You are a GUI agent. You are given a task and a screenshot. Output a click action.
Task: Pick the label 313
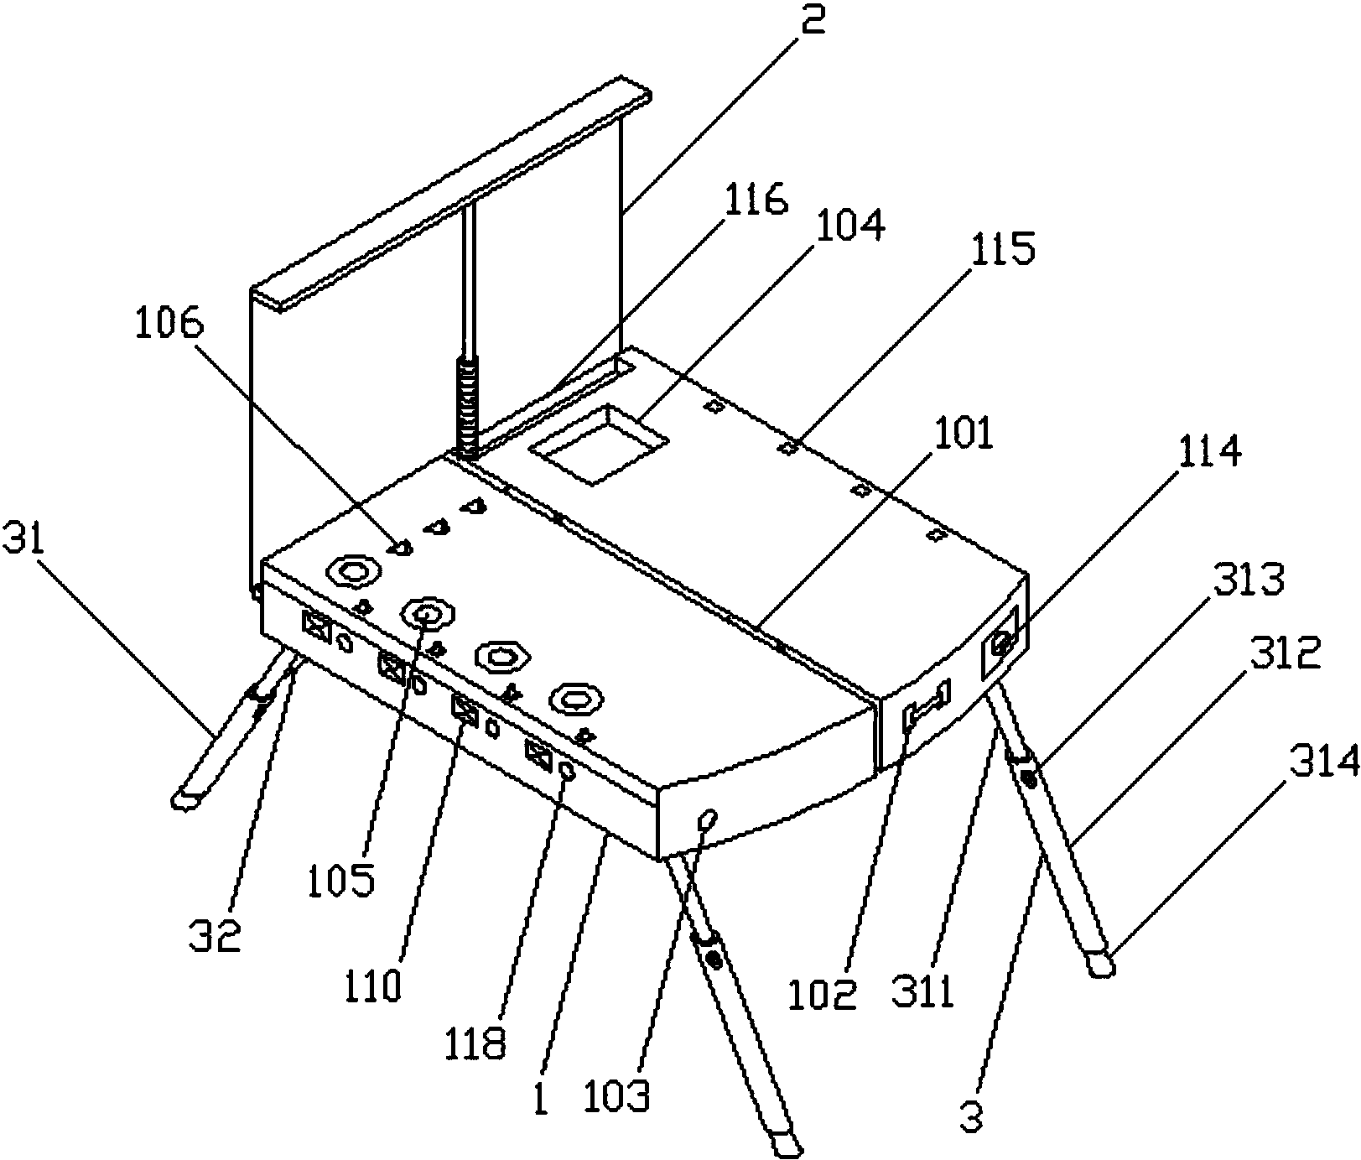coord(1249,579)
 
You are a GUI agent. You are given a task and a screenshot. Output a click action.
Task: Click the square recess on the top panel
coord(597,443)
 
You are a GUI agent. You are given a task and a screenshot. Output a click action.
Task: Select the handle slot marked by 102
coord(927,706)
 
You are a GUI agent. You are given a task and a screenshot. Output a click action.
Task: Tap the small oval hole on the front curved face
coord(706,817)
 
